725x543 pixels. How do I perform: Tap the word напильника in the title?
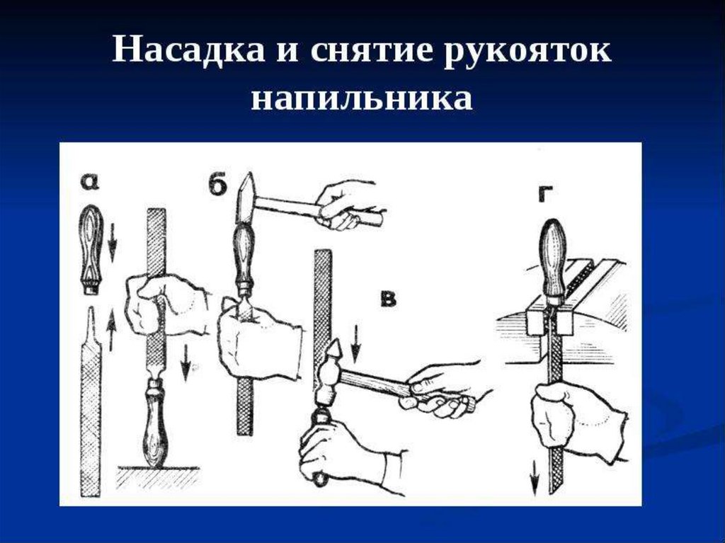click(362, 98)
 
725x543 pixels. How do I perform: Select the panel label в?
click(389, 299)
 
